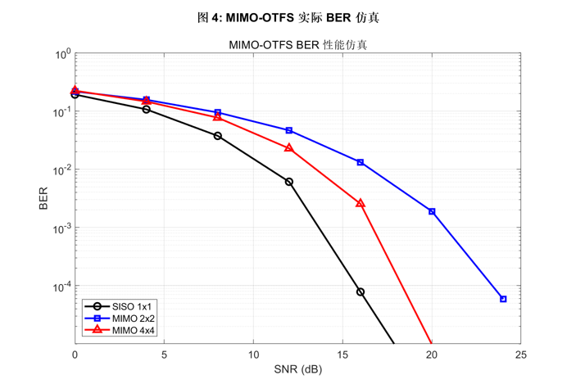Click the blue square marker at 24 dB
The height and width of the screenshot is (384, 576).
(x=503, y=299)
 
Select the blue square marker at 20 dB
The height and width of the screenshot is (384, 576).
(x=432, y=212)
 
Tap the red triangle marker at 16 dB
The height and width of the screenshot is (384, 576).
(x=361, y=203)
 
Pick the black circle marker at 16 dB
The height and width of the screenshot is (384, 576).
(x=361, y=291)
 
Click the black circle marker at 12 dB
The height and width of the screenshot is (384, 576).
(x=289, y=182)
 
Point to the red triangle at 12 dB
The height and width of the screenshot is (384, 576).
(x=289, y=148)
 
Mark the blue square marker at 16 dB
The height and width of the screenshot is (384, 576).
(x=361, y=162)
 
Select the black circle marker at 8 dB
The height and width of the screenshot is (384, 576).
(x=218, y=136)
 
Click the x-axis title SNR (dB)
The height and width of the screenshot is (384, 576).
(x=297, y=369)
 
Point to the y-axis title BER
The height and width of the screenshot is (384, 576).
(x=43, y=199)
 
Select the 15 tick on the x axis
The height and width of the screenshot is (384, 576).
(x=342, y=355)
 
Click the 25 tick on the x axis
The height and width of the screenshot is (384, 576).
(x=520, y=355)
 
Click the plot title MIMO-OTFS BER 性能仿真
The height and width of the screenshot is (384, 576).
(x=297, y=44)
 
